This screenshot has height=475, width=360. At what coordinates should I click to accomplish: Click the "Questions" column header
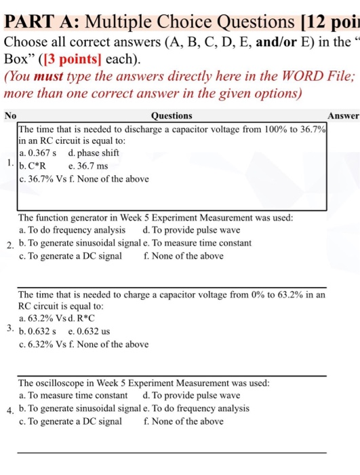[x=172, y=116]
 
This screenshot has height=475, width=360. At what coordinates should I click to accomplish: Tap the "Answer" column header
[x=344, y=116]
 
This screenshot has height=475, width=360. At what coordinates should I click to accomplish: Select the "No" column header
[x=9, y=116]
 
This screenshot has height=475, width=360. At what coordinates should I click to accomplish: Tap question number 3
[x=7, y=328]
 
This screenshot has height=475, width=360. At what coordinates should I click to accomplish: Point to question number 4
[x=7, y=411]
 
